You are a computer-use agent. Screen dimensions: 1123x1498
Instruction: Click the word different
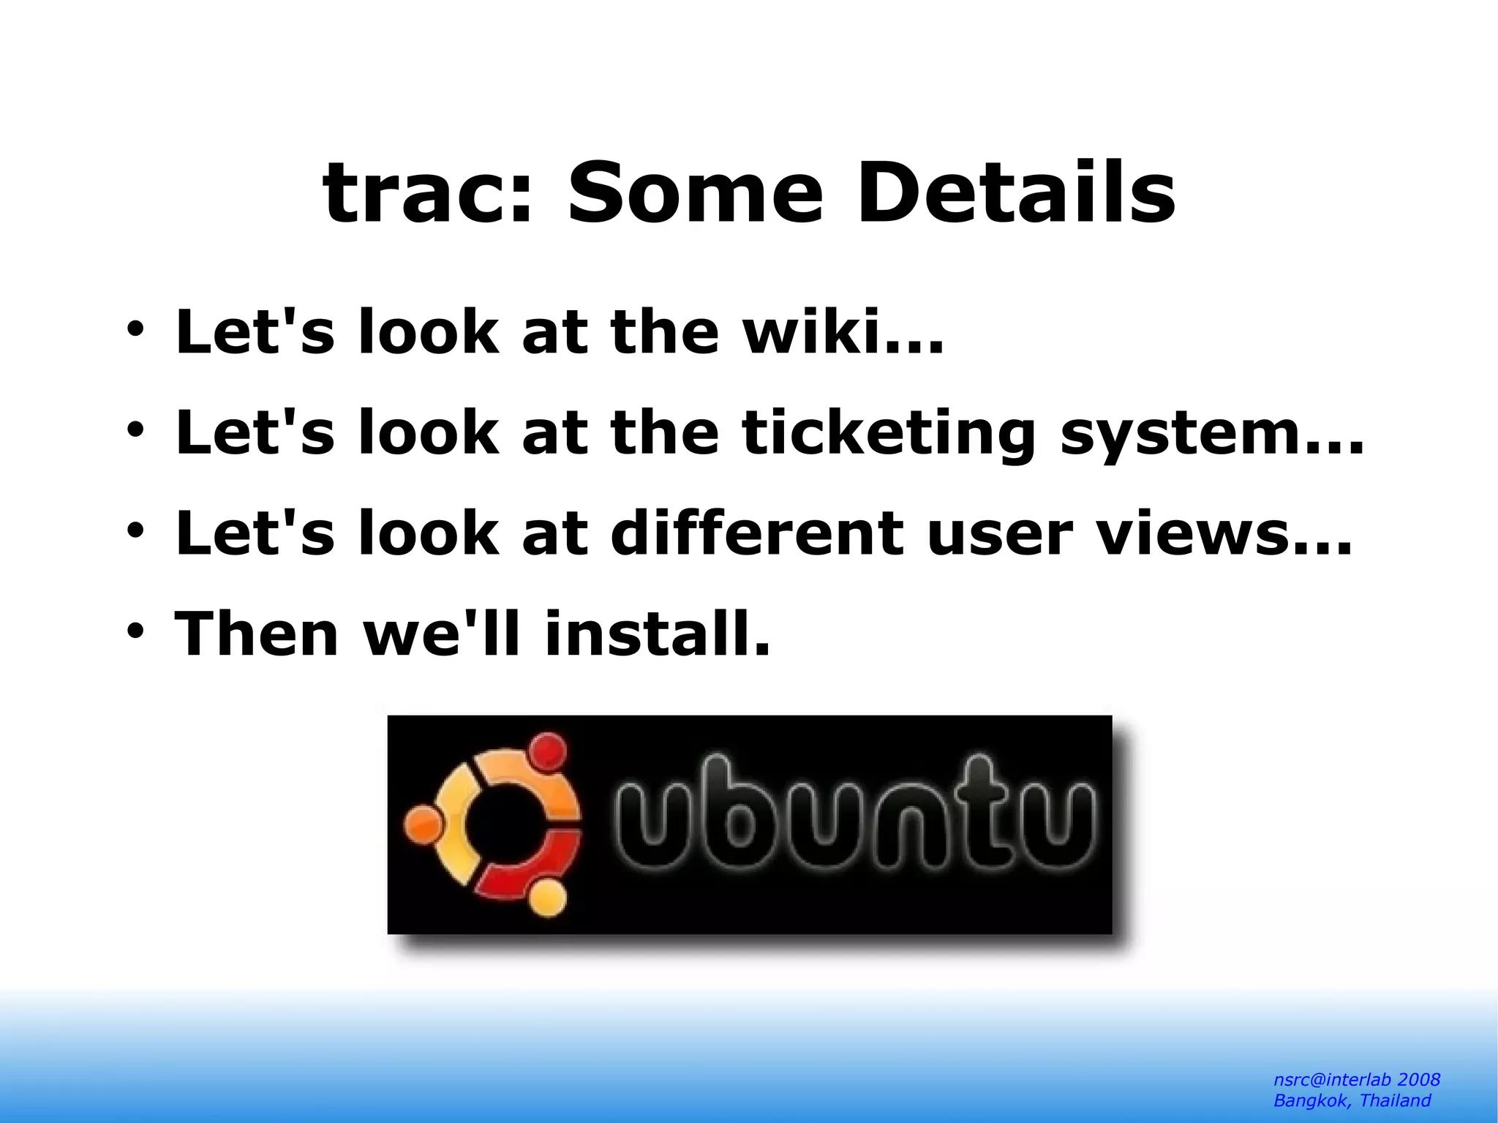click(756, 533)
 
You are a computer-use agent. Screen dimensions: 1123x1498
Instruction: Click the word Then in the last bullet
click(256, 634)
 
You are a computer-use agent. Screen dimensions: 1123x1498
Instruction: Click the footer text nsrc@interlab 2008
click(1356, 1080)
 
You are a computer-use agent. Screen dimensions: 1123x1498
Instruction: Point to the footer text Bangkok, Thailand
click(1352, 1100)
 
